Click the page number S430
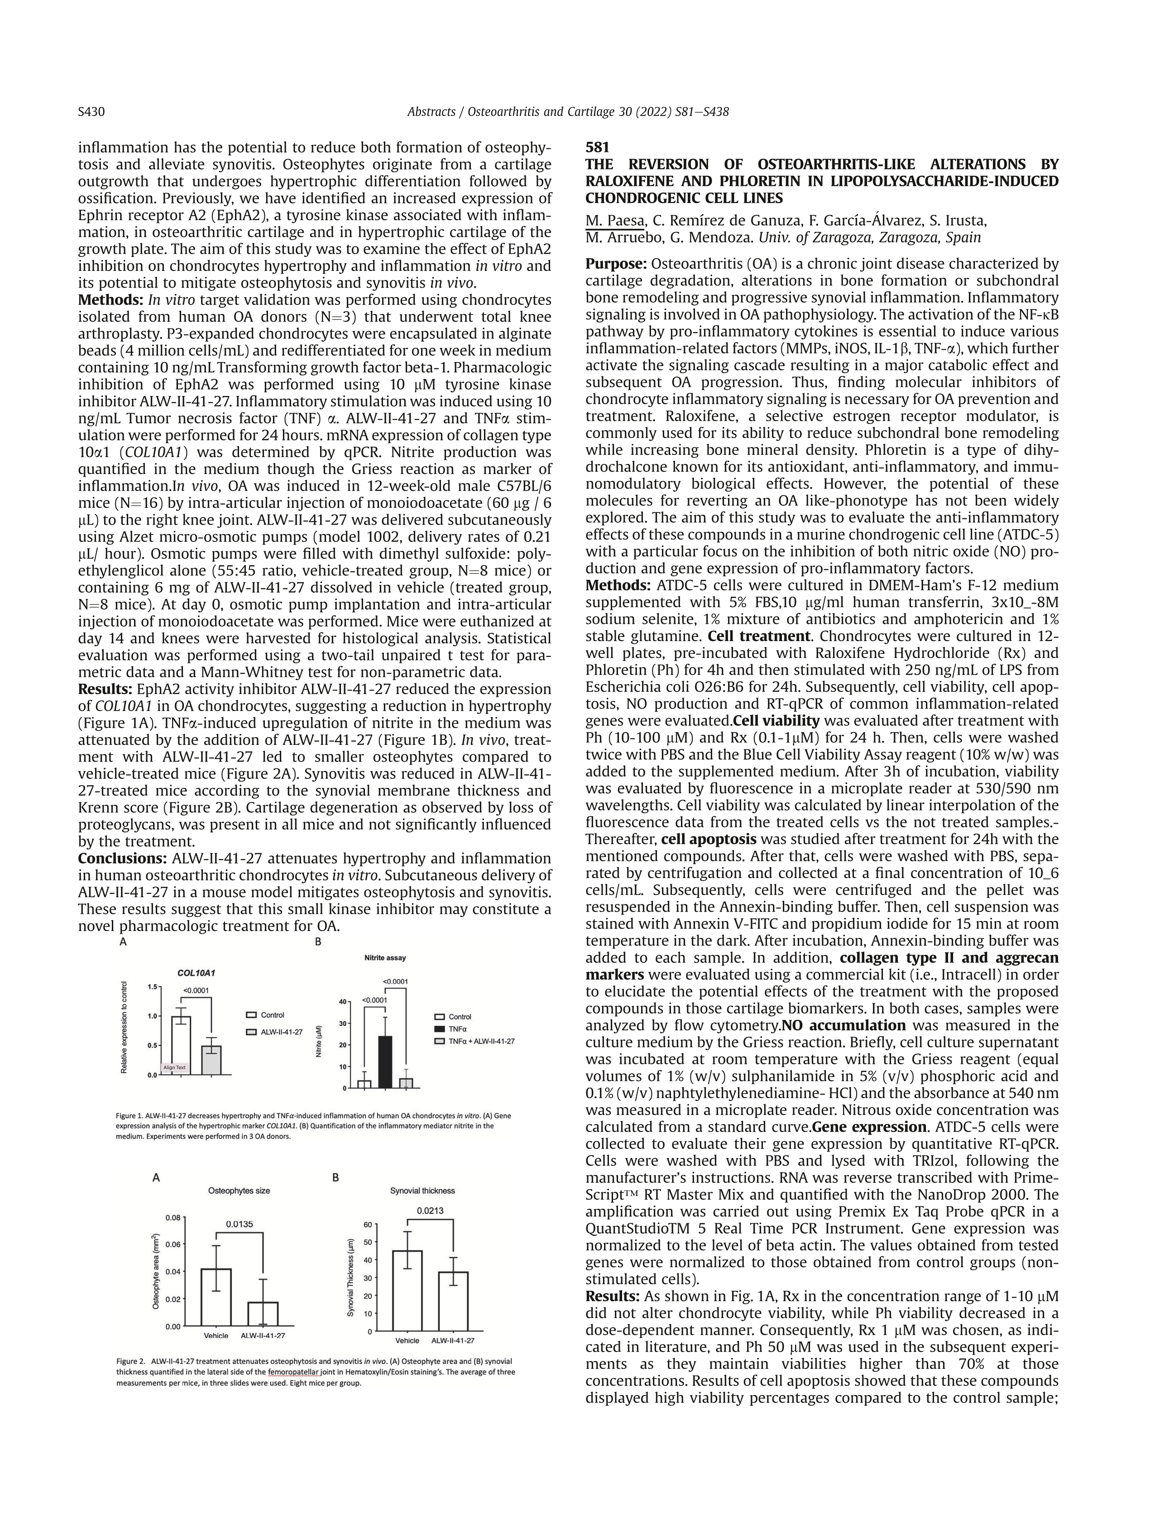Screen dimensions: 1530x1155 coord(91,112)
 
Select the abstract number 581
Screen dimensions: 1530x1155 coord(597,147)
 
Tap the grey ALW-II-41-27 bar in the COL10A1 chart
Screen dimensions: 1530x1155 coord(211,1060)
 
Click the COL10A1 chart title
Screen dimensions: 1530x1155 coord(196,972)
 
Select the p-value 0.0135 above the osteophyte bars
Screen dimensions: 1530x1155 coord(240,1224)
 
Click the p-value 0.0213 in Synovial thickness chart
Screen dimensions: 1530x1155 coord(430,1211)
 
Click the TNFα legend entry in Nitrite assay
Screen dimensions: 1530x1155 coord(452,1028)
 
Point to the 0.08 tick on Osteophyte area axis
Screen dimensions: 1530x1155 coord(173,1217)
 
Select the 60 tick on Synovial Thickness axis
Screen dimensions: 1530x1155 coord(368,1224)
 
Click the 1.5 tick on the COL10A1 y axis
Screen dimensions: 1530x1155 coord(153,987)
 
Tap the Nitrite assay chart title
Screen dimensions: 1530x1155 coord(385,957)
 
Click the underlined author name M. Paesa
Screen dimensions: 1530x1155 coord(614,221)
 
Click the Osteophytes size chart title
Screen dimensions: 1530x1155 coord(239,1190)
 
